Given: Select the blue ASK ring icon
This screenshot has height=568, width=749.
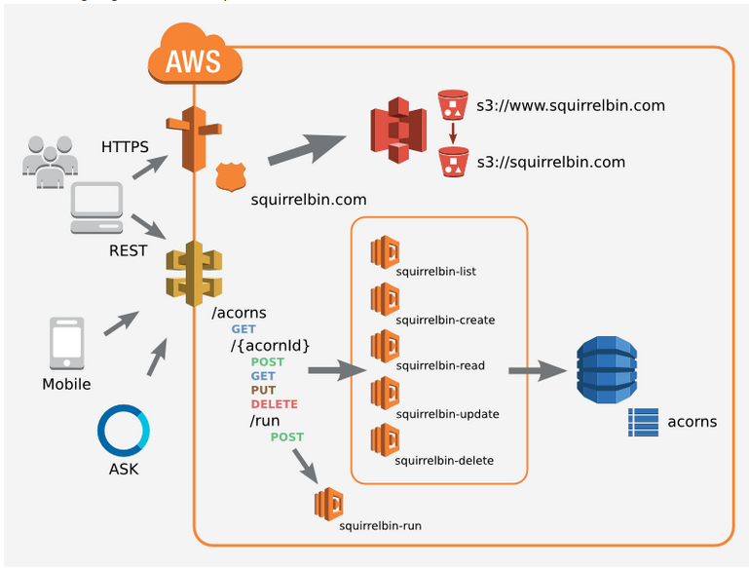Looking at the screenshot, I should [x=123, y=431].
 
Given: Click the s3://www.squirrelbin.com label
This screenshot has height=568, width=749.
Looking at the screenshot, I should [x=570, y=104].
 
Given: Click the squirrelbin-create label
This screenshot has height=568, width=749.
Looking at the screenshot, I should [x=445, y=320].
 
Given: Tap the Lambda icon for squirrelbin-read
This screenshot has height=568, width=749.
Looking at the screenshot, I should [x=384, y=347].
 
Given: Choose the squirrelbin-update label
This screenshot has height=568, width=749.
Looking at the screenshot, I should [x=447, y=414].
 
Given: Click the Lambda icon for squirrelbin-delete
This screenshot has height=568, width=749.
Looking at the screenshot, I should [x=384, y=439].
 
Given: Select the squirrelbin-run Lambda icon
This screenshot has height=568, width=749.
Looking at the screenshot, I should [x=328, y=504].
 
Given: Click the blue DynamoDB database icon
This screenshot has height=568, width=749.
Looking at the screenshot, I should [x=605, y=369].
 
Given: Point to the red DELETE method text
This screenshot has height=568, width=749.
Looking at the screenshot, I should [x=274, y=403].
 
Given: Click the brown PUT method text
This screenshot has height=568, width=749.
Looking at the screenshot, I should [x=263, y=390].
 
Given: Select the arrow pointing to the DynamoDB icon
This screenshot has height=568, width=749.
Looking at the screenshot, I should [x=539, y=370].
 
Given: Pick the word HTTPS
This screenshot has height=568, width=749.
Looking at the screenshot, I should [x=125, y=147].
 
